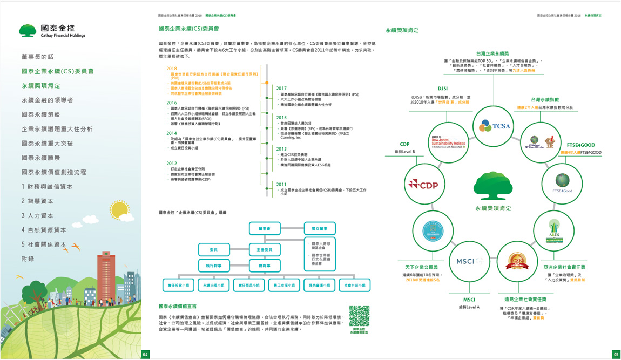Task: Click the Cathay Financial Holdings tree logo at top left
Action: (28, 30)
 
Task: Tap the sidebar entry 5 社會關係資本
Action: (44, 244)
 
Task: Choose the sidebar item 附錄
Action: (28, 259)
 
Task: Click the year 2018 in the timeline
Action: (172, 69)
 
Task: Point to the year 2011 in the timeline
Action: (281, 185)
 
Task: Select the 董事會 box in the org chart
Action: (265, 229)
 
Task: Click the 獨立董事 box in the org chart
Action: (320, 229)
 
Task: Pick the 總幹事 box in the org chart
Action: (265, 266)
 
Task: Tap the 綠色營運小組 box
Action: (320, 285)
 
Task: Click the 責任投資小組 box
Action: (179, 285)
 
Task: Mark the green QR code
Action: (359, 316)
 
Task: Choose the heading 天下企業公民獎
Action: (421, 267)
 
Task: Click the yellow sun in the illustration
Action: (119, 209)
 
